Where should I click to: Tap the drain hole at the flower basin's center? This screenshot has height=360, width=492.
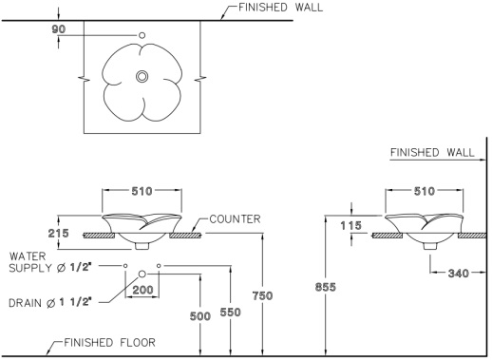tap(142, 76)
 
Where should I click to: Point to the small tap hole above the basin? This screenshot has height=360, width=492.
tap(142, 37)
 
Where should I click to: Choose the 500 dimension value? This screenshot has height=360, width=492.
tap(199, 316)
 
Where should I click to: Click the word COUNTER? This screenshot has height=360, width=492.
tap(236, 219)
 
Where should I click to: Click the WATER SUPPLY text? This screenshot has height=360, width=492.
tap(47, 262)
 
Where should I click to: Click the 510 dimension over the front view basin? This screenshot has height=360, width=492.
tap(142, 190)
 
